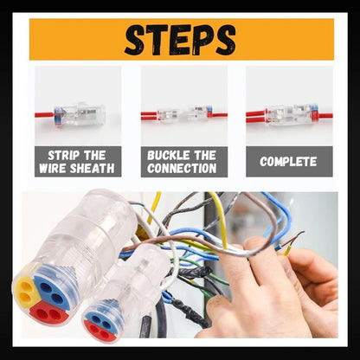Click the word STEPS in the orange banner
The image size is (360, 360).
pyautogui.click(x=180, y=39)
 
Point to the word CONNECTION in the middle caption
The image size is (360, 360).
pyautogui.click(x=182, y=168)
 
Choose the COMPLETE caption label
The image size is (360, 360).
pyautogui.click(x=288, y=162)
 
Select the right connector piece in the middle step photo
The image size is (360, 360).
pyautogui.click(x=198, y=112)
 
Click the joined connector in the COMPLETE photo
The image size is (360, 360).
pyautogui.click(x=288, y=113)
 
